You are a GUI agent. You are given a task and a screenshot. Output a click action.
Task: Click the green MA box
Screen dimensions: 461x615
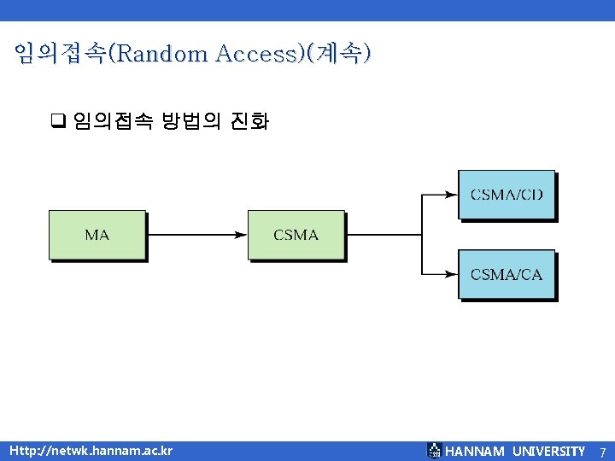tap(97, 234)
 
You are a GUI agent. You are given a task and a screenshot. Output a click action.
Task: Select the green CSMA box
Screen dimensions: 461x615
tap(296, 234)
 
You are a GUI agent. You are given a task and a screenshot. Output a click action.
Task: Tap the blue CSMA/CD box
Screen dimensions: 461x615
tap(507, 195)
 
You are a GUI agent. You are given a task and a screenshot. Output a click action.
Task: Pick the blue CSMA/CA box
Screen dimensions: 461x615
tap(507, 274)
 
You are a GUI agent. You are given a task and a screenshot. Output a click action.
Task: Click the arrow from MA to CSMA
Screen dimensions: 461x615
tap(196, 234)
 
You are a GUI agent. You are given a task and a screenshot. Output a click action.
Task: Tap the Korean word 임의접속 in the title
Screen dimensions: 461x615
tap(60, 55)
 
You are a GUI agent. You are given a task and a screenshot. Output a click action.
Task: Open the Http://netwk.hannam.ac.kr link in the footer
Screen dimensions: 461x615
tap(91, 451)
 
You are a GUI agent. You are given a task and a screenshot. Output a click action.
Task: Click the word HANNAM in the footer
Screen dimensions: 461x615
tap(475, 451)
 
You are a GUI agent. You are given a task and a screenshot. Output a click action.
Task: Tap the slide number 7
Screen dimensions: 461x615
tap(602, 452)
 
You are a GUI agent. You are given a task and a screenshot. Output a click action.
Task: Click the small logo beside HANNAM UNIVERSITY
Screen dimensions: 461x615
tap(434, 451)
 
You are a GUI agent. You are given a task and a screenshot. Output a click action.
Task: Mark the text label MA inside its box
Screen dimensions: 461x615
tap(97, 234)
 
